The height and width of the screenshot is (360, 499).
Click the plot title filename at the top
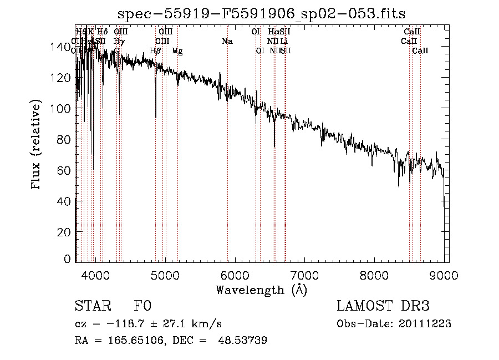tap(262, 13)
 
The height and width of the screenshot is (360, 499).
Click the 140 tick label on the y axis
tap(63, 48)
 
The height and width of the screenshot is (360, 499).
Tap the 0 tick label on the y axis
tap(69, 259)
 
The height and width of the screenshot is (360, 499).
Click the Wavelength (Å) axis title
tap(261, 290)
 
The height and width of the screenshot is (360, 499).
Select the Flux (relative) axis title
tap(37, 146)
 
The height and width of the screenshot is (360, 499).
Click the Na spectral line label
tap(227, 41)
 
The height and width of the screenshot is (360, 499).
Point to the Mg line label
tap(177, 51)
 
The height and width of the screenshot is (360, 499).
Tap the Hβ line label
tap(155, 51)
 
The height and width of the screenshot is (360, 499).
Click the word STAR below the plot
tap(92, 307)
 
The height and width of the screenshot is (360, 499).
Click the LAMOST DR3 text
tap(383, 307)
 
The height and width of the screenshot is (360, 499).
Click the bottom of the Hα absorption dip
tap(274, 147)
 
